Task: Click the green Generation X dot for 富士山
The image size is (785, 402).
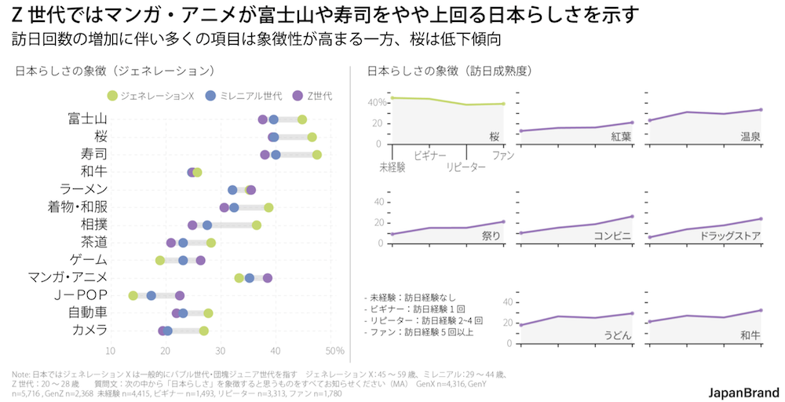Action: tap(302, 119)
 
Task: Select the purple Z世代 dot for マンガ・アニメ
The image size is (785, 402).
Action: tap(268, 278)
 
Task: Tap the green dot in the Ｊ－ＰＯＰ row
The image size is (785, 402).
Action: tap(133, 295)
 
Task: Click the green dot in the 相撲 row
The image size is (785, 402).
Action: tap(257, 225)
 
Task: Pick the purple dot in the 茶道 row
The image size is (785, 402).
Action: tap(171, 243)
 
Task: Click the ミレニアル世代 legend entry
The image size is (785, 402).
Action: tap(243, 96)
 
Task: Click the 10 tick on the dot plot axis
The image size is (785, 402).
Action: tap(111, 350)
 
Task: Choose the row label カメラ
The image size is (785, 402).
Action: tap(89, 330)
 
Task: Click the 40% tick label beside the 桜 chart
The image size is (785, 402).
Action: tap(377, 103)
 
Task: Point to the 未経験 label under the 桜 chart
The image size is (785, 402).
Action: tap(392, 166)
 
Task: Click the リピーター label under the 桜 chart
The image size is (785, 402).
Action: tap(466, 166)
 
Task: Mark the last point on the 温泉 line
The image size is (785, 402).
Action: tap(761, 110)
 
